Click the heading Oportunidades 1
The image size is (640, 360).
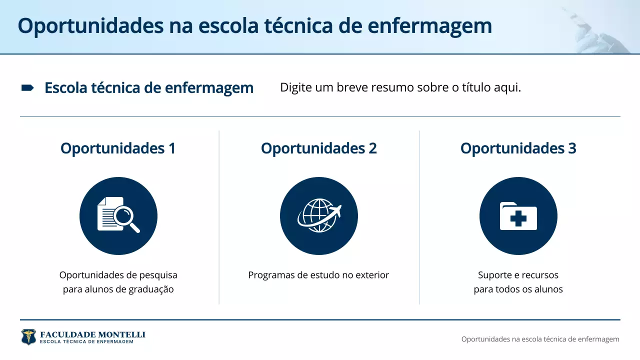(x=118, y=148)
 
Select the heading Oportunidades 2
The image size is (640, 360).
(x=319, y=148)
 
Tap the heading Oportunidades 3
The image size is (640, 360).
(x=518, y=148)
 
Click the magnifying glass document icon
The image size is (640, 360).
(x=118, y=215)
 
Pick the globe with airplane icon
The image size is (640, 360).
(x=319, y=215)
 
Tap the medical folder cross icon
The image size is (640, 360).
(x=518, y=216)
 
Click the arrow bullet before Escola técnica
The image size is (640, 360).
(x=27, y=88)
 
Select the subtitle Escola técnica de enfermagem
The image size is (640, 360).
(x=149, y=88)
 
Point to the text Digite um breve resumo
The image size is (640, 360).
(x=400, y=87)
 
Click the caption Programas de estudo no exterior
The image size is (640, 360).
(x=318, y=275)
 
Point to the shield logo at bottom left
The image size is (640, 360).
(x=28, y=336)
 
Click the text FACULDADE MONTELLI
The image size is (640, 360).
(x=92, y=334)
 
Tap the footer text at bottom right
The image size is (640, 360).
(x=540, y=339)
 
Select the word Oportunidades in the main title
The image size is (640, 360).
(x=90, y=26)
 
